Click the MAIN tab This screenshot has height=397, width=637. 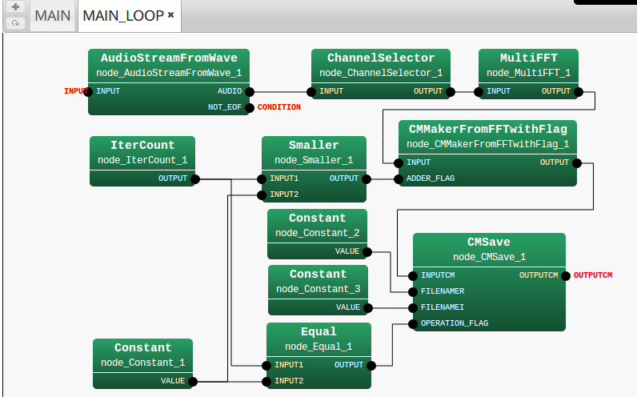(x=53, y=15)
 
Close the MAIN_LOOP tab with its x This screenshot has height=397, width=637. (x=170, y=15)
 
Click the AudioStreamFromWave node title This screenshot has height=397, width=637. (x=168, y=58)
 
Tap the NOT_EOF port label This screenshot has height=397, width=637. (x=225, y=106)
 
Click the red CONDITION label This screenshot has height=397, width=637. (x=279, y=107)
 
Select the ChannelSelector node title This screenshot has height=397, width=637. (x=381, y=58)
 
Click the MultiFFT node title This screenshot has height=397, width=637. (x=528, y=58)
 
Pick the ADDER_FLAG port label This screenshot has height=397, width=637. (x=431, y=178)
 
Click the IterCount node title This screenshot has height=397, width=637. (x=142, y=146)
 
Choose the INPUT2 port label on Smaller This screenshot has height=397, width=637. (x=284, y=194)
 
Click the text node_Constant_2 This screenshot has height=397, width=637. (x=318, y=233)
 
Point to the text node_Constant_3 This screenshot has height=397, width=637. (x=318, y=289)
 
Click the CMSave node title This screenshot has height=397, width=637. (x=489, y=242)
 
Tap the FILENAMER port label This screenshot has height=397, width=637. (x=443, y=291)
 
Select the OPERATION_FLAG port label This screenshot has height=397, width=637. (x=455, y=323)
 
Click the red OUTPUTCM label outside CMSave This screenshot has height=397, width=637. (x=593, y=275)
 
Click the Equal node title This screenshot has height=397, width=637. (x=318, y=331)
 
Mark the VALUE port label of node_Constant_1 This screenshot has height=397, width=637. (x=173, y=381)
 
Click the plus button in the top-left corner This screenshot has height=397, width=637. (x=16, y=7)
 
